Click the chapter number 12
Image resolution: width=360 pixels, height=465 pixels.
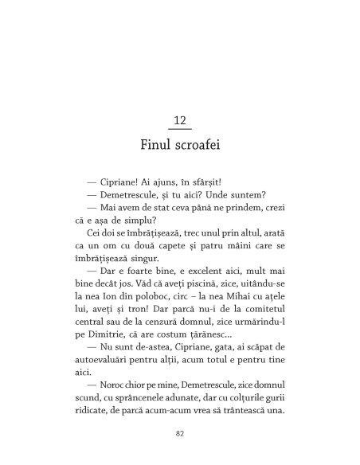[x=180, y=121]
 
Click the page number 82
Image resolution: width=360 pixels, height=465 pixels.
[x=180, y=434]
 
